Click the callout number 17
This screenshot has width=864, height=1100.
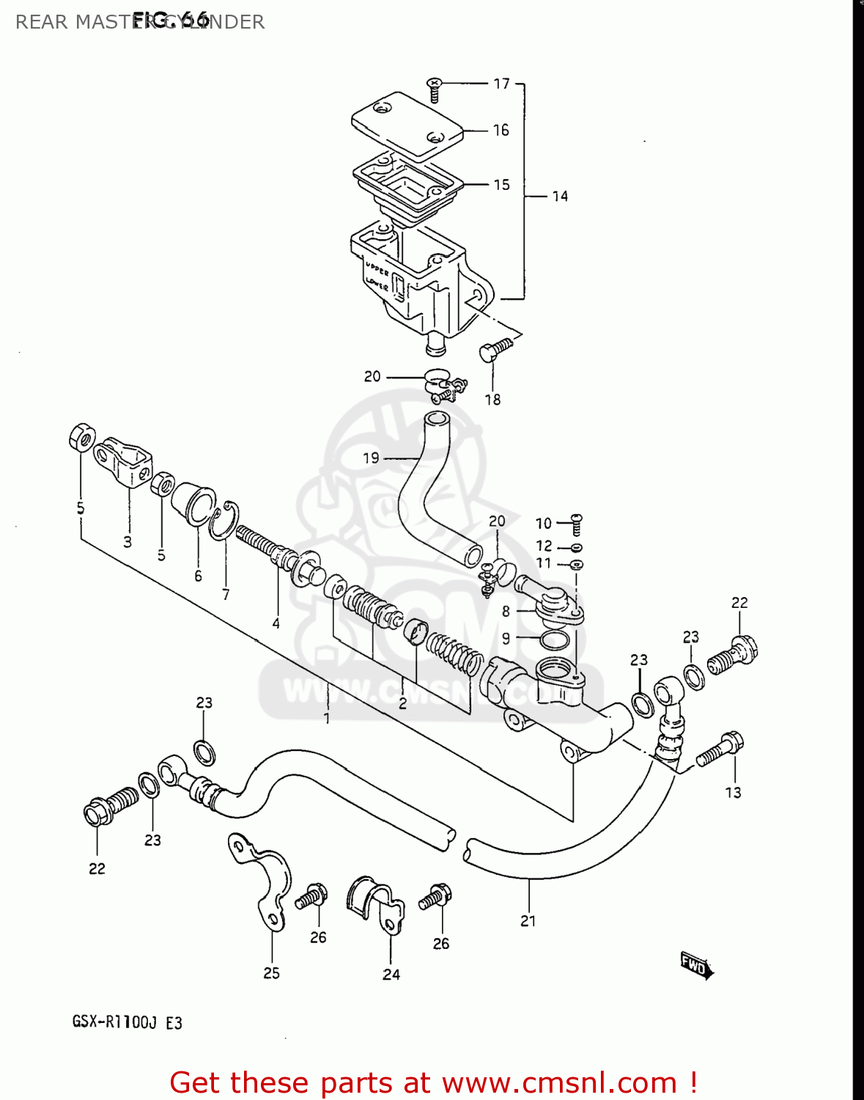click(x=501, y=84)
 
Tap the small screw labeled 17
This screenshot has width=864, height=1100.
click(x=434, y=91)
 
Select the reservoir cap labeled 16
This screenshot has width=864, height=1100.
click(x=407, y=125)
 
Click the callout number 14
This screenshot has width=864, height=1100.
click(x=560, y=196)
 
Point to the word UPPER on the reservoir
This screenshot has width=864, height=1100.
click(x=377, y=268)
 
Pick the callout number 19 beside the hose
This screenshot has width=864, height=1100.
click(x=371, y=458)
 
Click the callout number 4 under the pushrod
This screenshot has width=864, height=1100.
click(x=276, y=623)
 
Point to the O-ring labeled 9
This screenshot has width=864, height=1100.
click(x=555, y=640)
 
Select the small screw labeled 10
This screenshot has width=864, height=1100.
click(x=576, y=524)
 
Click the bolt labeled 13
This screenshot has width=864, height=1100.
click(x=720, y=751)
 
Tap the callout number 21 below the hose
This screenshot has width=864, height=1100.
click(x=528, y=921)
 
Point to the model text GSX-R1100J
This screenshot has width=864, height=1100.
click(x=114, y=1022)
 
